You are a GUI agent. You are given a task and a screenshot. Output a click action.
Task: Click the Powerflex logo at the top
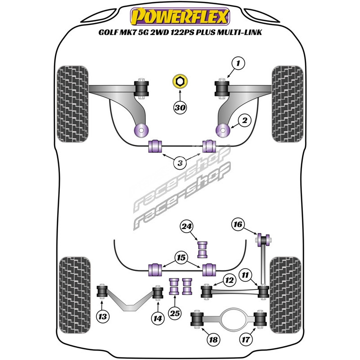click(180, 17)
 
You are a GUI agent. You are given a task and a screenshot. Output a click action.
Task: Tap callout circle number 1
click(238, 63)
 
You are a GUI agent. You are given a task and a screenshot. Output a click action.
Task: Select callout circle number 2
click(244, 120)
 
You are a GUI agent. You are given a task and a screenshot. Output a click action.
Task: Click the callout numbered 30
click(180, 108)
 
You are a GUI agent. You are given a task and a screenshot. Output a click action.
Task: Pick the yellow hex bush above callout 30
click(180, 81)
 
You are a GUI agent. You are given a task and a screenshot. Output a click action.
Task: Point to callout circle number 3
click(180, 163)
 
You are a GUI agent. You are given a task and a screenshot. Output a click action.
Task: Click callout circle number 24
click(186, 227)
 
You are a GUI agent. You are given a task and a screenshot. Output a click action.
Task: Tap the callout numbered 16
click(238, 224)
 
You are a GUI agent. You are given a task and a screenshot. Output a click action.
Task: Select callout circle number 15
click(181, 257)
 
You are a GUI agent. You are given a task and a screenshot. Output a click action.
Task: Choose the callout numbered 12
click(229, 280)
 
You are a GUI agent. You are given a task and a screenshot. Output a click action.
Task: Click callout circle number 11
click(245, 275)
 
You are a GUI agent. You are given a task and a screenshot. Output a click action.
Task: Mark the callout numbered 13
click(103, 317)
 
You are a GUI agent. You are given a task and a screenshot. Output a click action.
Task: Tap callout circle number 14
click(158, 319)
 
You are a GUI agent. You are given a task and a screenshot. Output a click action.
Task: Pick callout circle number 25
click(175, 313)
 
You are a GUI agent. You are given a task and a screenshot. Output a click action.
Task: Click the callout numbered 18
click(213, 340)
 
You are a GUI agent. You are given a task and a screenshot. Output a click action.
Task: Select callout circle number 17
click(246, 339)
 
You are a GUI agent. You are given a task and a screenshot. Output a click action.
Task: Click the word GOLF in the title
click(108, 32)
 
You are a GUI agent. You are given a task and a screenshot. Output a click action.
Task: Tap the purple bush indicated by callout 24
click(202, 250)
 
